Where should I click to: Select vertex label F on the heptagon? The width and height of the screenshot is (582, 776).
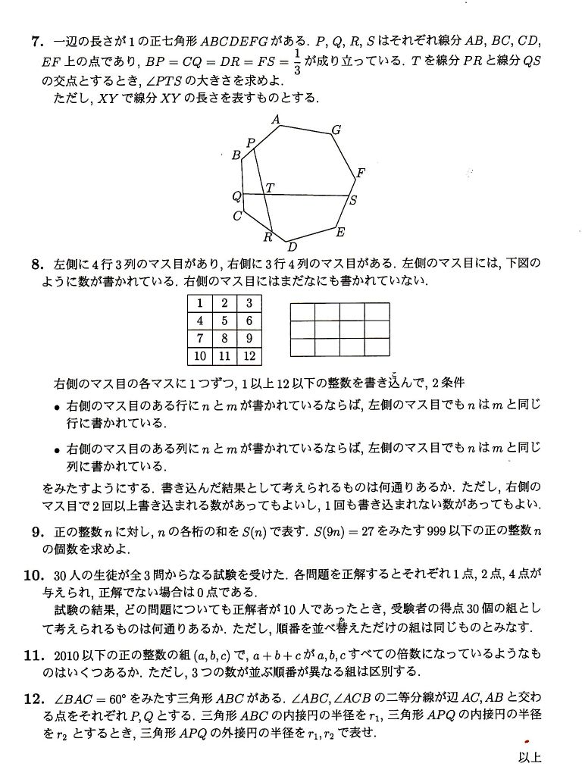361,173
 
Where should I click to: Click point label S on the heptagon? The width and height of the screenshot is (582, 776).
352,201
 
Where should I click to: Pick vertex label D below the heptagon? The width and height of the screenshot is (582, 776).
292,247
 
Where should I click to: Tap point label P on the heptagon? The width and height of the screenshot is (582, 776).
250,142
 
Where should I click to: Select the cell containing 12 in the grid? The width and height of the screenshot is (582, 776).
249,355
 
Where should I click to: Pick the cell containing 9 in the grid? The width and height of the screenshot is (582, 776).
249,338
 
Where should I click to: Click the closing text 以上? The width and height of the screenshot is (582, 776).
530,756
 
